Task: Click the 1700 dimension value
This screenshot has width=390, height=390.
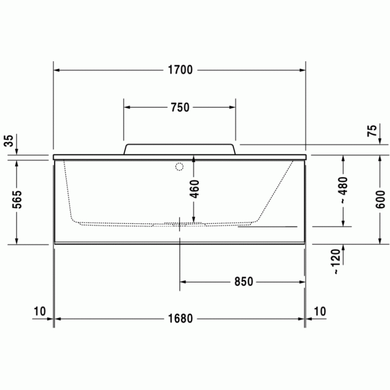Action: click(179, 70)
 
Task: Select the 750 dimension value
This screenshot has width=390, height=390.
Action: click(179, 108)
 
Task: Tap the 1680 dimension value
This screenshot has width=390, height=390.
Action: click(179, 319)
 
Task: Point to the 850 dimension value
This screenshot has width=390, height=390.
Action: click(243, 282)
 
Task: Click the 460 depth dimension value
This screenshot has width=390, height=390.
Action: click(193, 189)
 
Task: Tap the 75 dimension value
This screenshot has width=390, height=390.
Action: click(372, 131)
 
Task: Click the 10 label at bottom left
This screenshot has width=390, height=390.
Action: click(39, 311)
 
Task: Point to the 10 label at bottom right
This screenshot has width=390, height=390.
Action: click(320, 311)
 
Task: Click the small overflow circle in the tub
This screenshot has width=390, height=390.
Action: click(179, 166)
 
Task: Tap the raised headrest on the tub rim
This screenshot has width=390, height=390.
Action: click(179, 149)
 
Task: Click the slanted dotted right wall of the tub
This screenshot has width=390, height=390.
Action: click(276, 189)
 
